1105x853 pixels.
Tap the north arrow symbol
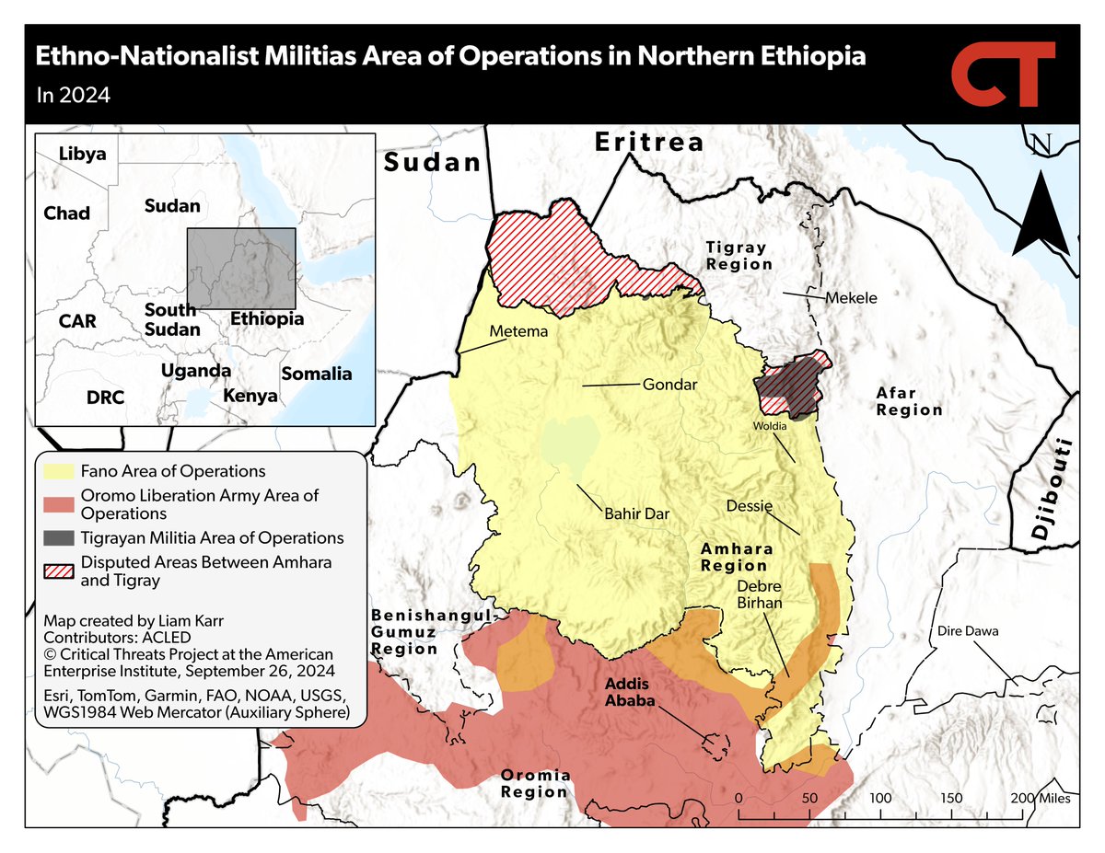pos(1041,207)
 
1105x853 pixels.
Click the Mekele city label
pos(851,298)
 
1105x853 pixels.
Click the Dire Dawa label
pos(968,631)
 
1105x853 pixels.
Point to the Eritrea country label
pos(648,143)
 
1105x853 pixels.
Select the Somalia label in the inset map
pos(316,374)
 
